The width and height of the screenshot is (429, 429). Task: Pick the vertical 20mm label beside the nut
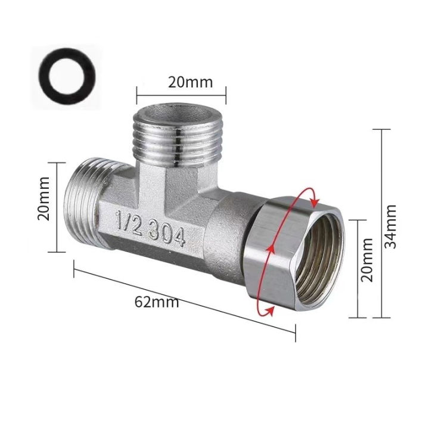click(368, 259)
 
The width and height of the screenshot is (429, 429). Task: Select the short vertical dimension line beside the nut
click(357, 268)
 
